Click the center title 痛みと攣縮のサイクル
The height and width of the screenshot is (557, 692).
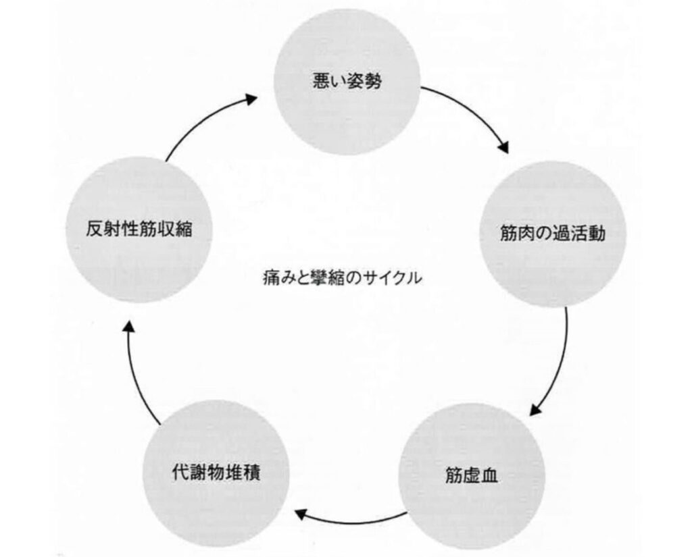(342, 277)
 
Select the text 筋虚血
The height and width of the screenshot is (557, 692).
(472, 475)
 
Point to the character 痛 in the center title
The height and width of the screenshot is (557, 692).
(269, 277)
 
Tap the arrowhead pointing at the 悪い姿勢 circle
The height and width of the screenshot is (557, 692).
(250, 100)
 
